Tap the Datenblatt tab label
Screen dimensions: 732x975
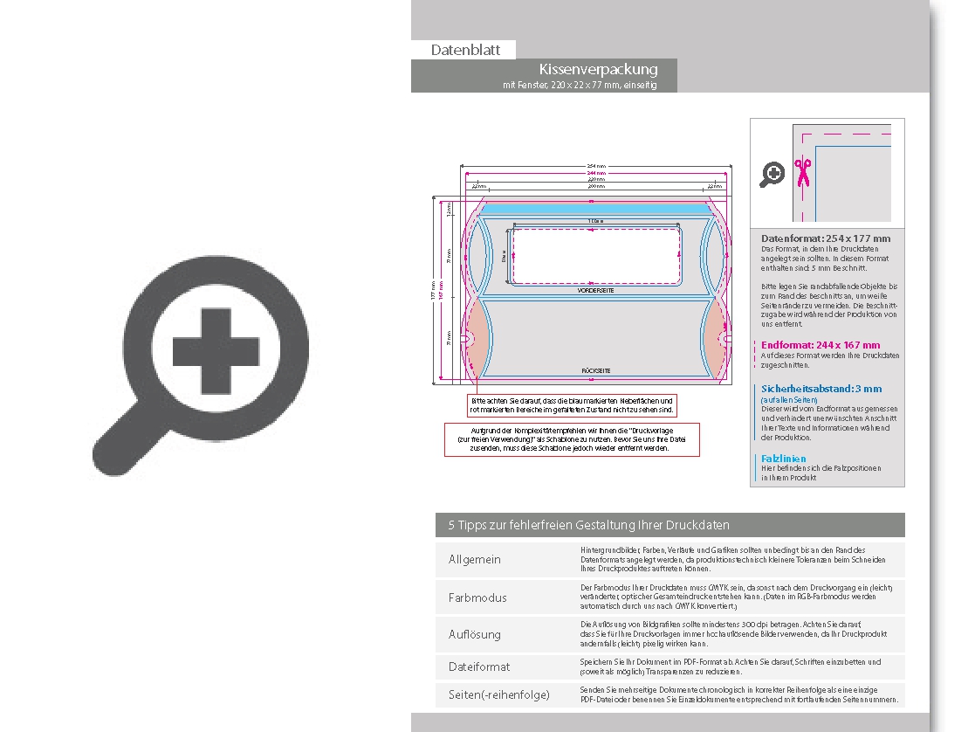(x=465, y=50)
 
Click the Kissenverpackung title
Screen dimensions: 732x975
(x=598, y=69)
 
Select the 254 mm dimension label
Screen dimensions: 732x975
(x=596, y=166)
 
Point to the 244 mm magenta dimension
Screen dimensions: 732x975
(x=596, y=174)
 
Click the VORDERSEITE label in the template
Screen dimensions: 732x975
(x=595, y=290)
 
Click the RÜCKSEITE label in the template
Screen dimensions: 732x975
(x=595, y=371)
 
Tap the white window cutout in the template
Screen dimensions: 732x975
(x=595, y=253)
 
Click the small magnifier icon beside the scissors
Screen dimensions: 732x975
(x=772, y=175)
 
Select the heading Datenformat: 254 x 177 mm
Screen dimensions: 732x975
(x=826, y=238)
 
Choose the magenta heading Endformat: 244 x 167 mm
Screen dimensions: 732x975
(x=821, y=345)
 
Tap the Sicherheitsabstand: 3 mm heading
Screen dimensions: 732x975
(x=821, y=389)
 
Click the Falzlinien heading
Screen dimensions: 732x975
(x=783, y=459)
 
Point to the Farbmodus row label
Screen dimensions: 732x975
(x=477, y=597)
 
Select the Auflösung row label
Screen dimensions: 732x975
(x=475, y=634)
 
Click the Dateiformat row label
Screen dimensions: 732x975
(x=479, y=666)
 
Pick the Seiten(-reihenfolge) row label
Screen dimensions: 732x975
(x=498, y=694)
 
